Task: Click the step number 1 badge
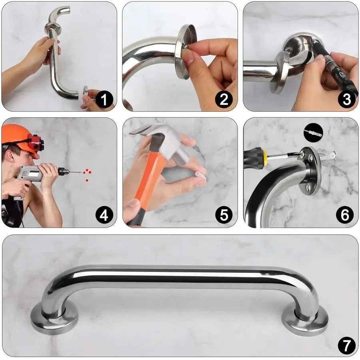104,99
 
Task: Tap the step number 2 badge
224,99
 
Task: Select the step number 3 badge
346,99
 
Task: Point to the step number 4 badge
104,216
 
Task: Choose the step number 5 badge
224,216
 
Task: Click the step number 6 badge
345,216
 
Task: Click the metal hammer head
160,138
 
